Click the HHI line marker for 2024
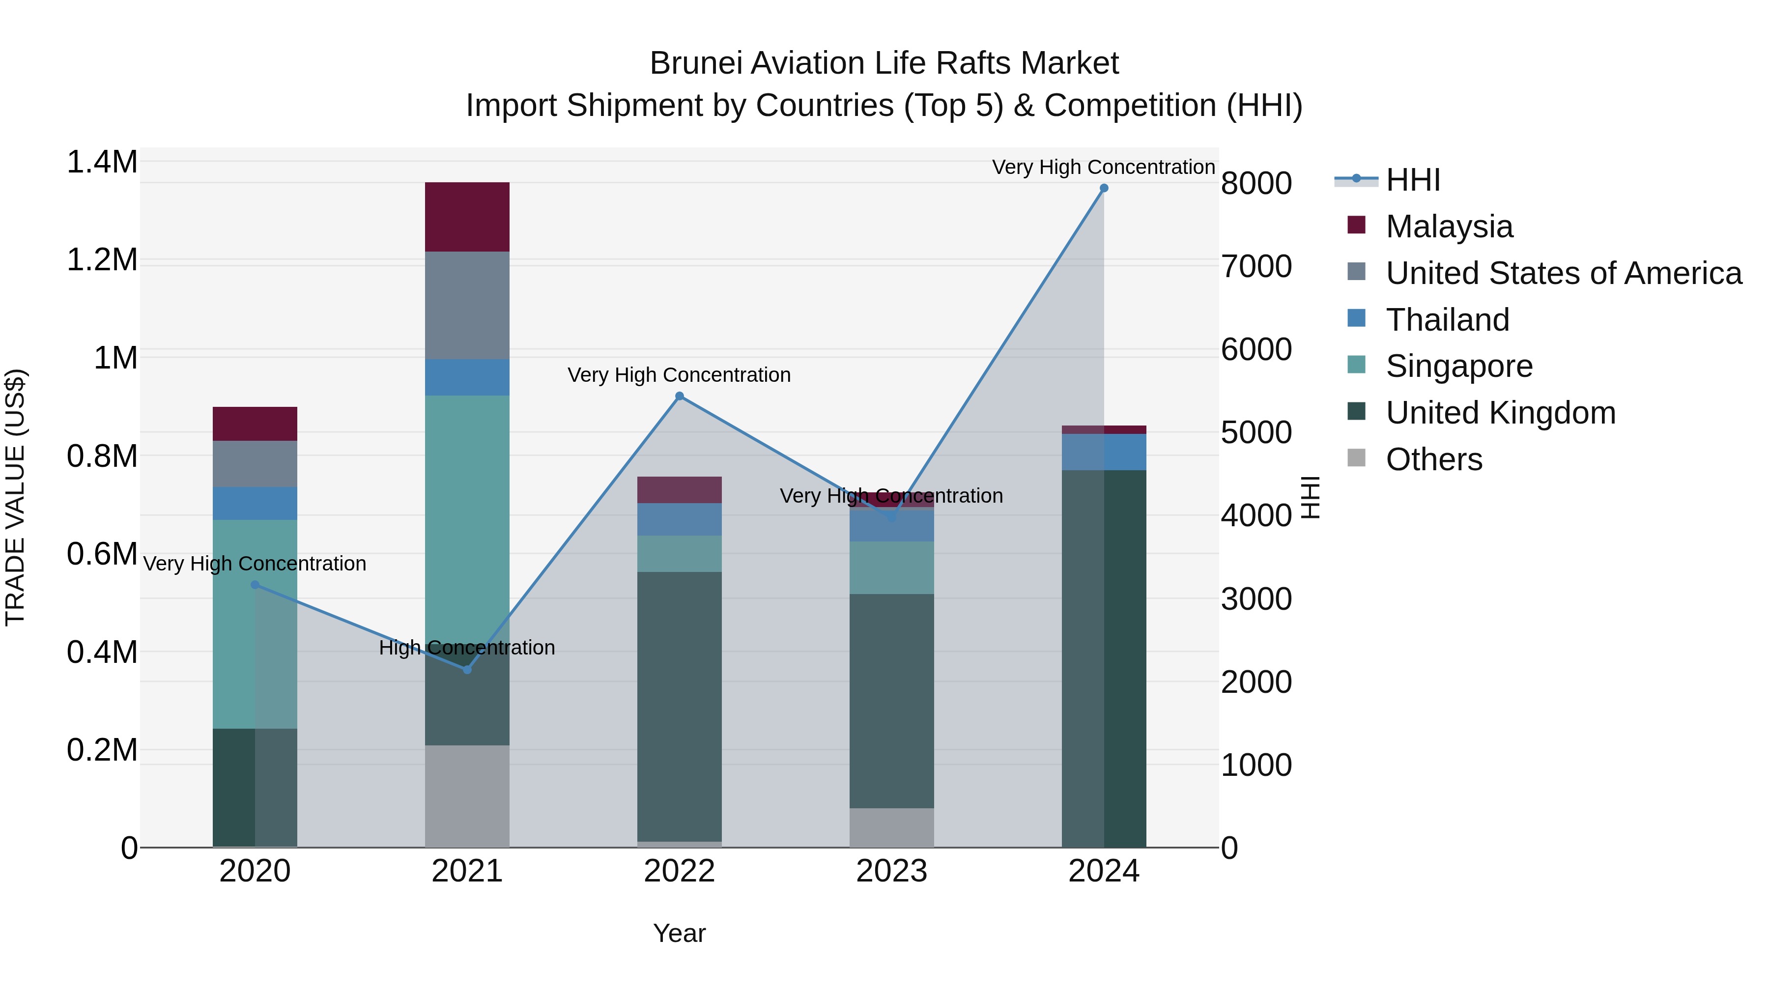[1104, 188]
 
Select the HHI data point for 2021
[467, 670]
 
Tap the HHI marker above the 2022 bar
[679, 396]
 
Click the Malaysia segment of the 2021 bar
[467, 217]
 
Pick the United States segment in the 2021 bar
[467, 306]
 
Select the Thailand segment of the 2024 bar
[1104, 452]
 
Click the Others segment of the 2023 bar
[891, 827]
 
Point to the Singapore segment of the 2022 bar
[679, 553]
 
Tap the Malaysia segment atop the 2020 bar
[255, 424]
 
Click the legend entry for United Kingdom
[1501, 413]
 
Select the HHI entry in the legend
[1413, 180]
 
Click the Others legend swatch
[1356, 458]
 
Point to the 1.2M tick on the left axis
[102, 260]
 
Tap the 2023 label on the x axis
[891, 871]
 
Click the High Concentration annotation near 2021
[467, 648]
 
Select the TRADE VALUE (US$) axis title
[15, 497]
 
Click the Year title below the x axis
[679, 933]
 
